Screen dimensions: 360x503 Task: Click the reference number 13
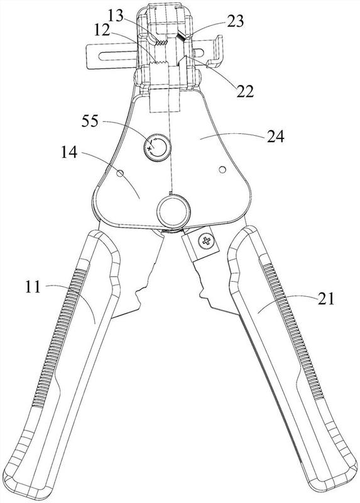tap(116, 15)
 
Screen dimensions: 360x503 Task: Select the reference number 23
tap(236, 21)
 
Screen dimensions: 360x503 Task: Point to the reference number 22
tap(245, 91)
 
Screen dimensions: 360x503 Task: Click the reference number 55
tap(90, 121)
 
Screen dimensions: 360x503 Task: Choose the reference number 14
tap(69, 152)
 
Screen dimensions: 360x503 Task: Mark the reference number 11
tap(33, 287)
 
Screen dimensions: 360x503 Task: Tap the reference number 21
tap(326, 299)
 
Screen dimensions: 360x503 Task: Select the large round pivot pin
tap(173, 212)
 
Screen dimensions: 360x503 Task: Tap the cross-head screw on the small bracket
tap(206, 241)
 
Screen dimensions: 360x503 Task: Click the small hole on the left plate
tap(120, 174)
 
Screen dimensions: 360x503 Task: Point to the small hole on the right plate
tap(222, 169)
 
